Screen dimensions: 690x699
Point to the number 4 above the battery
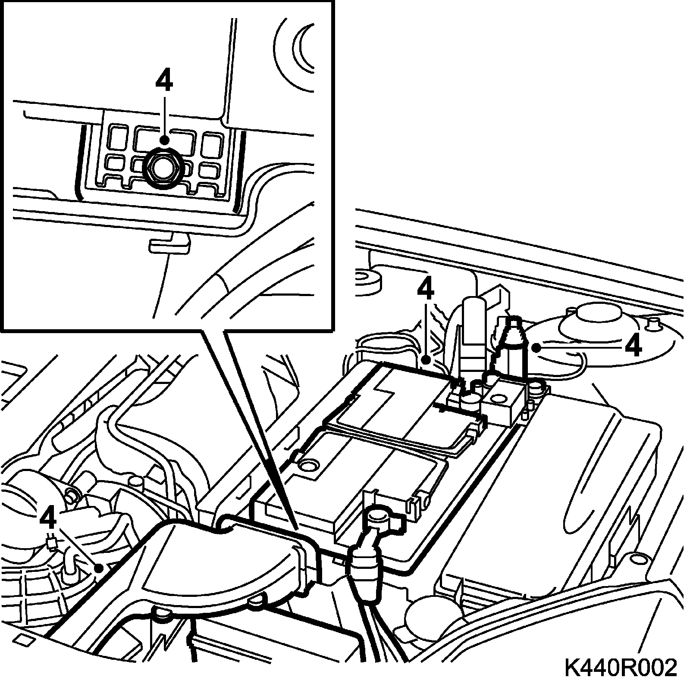coord(425,291)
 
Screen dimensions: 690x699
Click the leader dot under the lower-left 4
coord(99,568)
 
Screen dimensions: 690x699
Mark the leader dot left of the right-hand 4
coord(536,347)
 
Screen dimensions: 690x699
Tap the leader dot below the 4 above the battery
coord(426,359)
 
